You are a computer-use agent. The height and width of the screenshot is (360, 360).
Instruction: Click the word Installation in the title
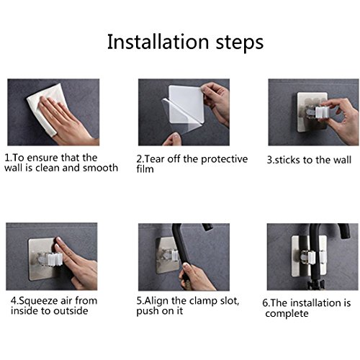pyautogui.click(x=158, y=42)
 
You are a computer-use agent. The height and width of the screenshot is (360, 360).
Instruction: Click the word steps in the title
pyautogui.click(x=240, y=43)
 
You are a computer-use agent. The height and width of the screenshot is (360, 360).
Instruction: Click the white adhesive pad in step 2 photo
pyautogui.click(x=186, y=103)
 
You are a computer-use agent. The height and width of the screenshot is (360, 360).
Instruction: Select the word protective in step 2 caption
pyautogui.click(x=224, y=160)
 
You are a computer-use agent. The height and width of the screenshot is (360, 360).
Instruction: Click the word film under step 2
pyautogui.click(x=145, y=169)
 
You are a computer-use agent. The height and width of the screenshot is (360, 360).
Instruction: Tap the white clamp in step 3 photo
pyautogui.click(x=321, y=113)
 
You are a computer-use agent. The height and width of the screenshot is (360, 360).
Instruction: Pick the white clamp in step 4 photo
pyautogui.click(x=55, y=258)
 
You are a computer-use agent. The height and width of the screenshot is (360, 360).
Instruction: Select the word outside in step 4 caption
pyautogui.click(x=71, y=311)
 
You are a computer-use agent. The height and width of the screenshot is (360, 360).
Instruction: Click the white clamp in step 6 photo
pyautogui.click(x=312, y=256)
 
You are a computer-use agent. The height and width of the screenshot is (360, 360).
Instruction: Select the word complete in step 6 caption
pyautogui.click(x=287, y=314)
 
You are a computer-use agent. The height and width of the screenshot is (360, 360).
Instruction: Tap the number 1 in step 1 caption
pyautogui.click(x=8, y=158)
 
